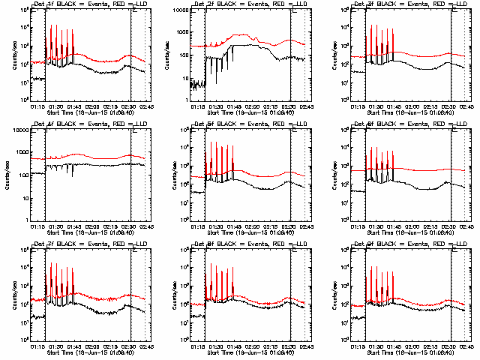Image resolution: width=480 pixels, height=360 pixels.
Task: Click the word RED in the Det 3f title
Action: pos(429,5)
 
